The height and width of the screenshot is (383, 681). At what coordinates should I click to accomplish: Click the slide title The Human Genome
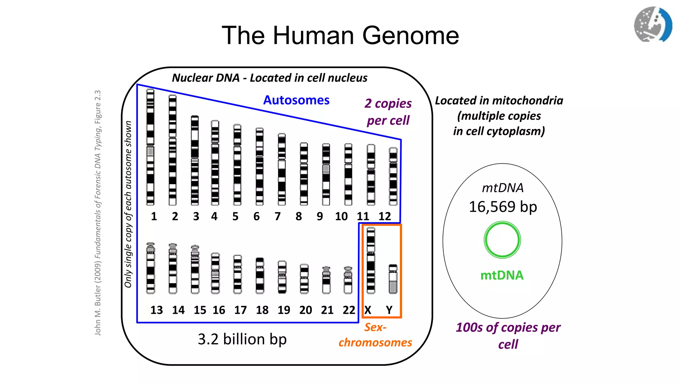coord(340,35)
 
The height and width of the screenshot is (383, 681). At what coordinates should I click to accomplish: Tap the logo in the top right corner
coord(653,25)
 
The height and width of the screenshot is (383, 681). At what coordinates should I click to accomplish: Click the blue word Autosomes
coord(296,100)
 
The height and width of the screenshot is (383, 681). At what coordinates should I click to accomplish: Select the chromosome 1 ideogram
coord(150,147)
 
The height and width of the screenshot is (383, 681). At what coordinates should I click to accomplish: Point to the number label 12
coord(385,216)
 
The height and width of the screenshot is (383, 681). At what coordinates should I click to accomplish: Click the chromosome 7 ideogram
coord(282,169)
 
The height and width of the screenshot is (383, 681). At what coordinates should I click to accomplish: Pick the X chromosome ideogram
coord(371,260)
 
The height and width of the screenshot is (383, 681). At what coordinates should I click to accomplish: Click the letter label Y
coord(389,310)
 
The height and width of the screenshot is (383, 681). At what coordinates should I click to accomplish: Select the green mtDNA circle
coord(502,240)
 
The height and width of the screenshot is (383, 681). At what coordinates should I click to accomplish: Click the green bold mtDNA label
coord(502,275)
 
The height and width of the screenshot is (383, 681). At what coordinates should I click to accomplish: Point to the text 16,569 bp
coord(503,207)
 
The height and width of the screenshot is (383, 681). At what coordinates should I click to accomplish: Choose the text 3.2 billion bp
coord(242,339)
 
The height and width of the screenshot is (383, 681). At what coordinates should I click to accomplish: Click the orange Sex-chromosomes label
coord(375,335)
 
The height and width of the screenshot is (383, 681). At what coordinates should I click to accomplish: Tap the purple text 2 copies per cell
coord(388,112)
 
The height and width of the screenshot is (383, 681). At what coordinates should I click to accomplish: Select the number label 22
coord(349,310)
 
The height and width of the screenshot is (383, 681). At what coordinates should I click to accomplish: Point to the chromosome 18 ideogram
coord(260,276)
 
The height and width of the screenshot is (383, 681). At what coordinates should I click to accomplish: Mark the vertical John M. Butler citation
coord(98,213)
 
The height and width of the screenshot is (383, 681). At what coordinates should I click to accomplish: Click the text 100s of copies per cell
coord(508,336)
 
